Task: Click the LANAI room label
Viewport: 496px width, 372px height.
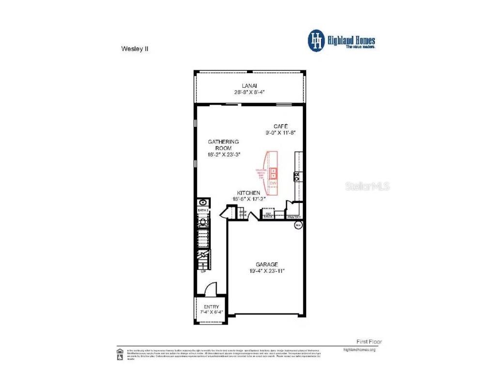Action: click(x=249, y=85)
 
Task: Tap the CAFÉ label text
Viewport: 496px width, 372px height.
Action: click(x=280, y=126)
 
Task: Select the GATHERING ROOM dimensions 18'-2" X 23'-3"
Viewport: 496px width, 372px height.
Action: click(x=224, y=154)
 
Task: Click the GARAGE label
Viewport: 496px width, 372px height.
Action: click(x=267, y=264)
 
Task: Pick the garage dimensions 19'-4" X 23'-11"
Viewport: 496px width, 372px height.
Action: click(x=267, y=271)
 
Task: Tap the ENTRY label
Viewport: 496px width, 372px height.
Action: click(x=211, y=307)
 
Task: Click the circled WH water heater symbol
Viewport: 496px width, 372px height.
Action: click(x=298, y=225)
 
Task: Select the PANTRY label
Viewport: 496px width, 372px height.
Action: click(x=294, y=217)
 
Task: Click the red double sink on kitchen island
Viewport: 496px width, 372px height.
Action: click(x=273, y=173)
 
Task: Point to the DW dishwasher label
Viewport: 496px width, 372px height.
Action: click(x=273, y=183)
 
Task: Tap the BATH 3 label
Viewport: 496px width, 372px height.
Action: click(x=202, y=211)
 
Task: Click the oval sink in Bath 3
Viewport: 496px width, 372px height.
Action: click(x=202, y=202)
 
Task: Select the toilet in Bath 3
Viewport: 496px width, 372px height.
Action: click(x=203, y=222)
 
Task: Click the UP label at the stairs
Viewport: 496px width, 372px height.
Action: click(x=203, y=272)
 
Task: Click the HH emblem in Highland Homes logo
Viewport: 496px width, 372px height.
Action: click(x=316, y=41)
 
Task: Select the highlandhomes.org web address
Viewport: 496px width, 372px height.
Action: click(x=359, y=349)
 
